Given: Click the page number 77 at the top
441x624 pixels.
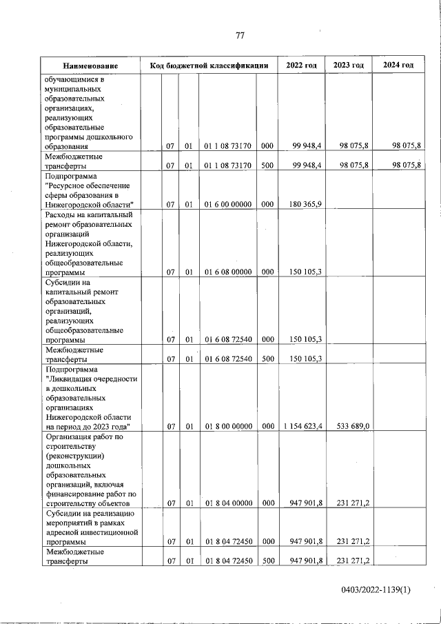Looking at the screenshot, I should (x=240, y=35).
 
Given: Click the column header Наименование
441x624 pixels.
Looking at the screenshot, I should (x=90, y=66).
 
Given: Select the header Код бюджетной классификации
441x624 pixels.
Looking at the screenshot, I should (x=209, y=66).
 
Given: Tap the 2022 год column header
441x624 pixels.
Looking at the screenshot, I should (x=301, y=65).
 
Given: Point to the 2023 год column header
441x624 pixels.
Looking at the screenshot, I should (x=348, y=65).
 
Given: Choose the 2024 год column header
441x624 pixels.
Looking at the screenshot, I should (x=398, y=65).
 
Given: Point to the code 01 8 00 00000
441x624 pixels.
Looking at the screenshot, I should (x=227, y=427).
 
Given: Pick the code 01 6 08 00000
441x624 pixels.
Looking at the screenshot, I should (x=227, y=272).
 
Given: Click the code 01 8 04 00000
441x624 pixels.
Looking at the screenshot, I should (x=227, y=503).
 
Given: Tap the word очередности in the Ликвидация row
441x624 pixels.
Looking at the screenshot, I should (x=112, y=379).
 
